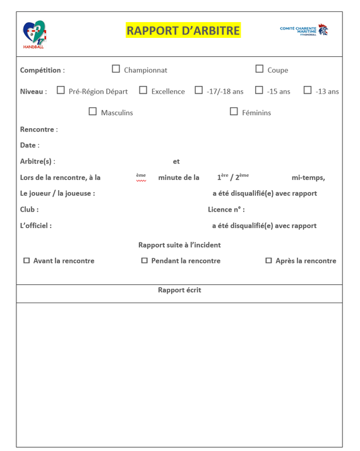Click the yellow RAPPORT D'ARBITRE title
tap(183, 30)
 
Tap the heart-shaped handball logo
tap(35, 34)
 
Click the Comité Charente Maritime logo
tap(304, 30)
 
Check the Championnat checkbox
tap(116, 69)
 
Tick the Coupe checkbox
tap(260, 69)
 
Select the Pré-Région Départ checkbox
tap(61, 90)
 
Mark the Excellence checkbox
tap(143, 90)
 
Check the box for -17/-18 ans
tap(198, 90)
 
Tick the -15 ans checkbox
tap(259, 90)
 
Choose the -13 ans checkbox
tap(308, 90)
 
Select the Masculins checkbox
tap(93, 112)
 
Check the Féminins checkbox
tap(234, 112)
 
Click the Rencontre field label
tap(39, 129)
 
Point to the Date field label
tap(29, 145)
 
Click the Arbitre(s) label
tap(37, 161)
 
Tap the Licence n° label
tap(226, 209)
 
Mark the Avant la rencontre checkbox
tap(27, 260)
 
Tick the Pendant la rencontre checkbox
tap(144, 260)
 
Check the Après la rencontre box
tap(268, 260)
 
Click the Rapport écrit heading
tap(179, 291)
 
